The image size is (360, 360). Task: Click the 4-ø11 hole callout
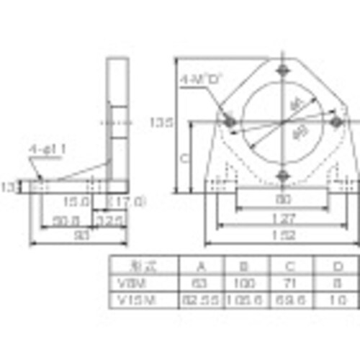point(48,149)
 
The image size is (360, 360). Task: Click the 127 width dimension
point(281,217)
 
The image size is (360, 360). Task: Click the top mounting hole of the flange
point(282,71)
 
